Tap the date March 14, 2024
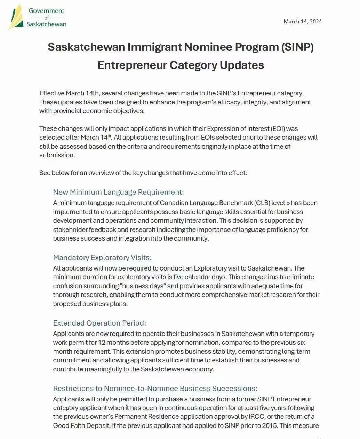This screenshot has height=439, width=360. click(303, 22)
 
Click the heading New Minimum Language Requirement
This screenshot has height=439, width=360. click(118, 192)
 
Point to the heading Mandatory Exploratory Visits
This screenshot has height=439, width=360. click(102, 258)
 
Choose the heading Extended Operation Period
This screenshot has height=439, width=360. click(99, 323)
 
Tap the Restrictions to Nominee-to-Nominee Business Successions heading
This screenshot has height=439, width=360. click(155, 389)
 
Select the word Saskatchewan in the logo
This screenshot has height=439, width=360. click(46, 24)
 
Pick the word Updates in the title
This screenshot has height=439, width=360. click(242, 65)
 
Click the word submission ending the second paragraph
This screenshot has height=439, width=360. click(57, 155)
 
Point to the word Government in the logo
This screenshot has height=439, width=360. click(47, 11)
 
